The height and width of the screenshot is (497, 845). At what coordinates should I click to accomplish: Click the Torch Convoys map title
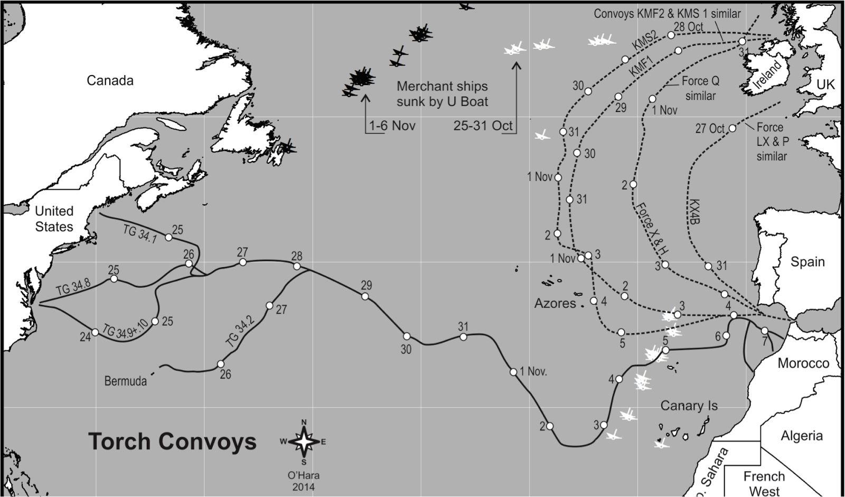coord(172,442)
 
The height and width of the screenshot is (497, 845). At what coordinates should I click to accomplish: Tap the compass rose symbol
coord(304,442)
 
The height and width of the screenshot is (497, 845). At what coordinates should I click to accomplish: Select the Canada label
coord(110,80)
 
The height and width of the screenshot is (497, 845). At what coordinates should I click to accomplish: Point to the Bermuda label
coord(126,381)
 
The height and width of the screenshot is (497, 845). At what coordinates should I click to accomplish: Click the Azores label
coord(555,303)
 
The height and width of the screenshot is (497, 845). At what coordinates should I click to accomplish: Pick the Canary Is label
coord(689,406)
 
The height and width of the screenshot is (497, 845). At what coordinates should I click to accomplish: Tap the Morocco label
coord(803,363)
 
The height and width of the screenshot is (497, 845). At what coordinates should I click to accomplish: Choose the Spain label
coord(808,262)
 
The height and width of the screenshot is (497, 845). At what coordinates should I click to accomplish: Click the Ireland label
coord(767,75)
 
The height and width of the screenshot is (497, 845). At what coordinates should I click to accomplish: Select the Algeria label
coord(802,436)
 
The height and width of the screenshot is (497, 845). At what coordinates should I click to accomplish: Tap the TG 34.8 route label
coord(73,287)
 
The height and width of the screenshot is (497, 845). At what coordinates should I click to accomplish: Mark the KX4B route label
coord(696,212)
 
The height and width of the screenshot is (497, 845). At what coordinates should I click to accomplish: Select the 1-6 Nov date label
coord(392,126)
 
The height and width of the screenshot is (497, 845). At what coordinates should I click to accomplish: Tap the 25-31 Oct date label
coord(483,126)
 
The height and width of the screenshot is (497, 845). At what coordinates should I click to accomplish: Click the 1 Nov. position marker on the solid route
coord(513,372)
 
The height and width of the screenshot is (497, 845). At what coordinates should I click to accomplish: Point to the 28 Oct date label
coord(689,26)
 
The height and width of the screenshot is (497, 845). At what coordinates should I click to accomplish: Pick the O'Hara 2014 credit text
coord(303,481)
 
